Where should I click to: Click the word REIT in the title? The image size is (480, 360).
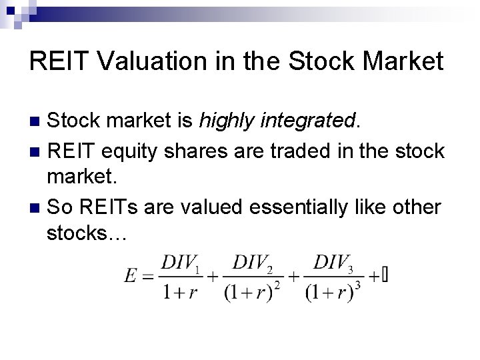click(x=57, y=62)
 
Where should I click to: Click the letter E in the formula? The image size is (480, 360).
click(x=131, y=276)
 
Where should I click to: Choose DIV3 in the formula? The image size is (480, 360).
click(x=333, y=263)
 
